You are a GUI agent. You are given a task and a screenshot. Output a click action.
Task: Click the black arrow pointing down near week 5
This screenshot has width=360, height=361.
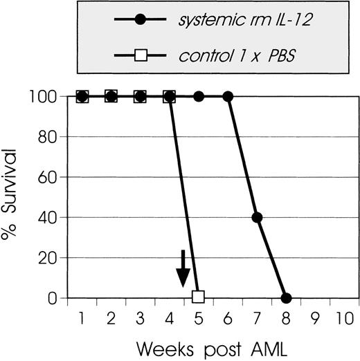pos(182,269)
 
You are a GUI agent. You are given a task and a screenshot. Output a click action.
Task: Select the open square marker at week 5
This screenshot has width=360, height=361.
pos(199,297)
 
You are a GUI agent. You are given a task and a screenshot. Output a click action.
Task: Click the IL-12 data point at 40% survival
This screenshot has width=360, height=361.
pos(257,217)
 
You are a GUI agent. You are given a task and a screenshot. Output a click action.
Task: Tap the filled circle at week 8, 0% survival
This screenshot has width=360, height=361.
pos(287,297)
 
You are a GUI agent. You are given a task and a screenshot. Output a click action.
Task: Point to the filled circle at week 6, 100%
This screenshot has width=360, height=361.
pos(228,96)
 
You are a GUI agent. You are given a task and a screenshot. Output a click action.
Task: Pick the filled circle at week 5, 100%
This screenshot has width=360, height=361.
pos(199,96)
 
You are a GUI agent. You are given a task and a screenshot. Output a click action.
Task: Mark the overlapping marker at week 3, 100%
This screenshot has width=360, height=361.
pos(141,96)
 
